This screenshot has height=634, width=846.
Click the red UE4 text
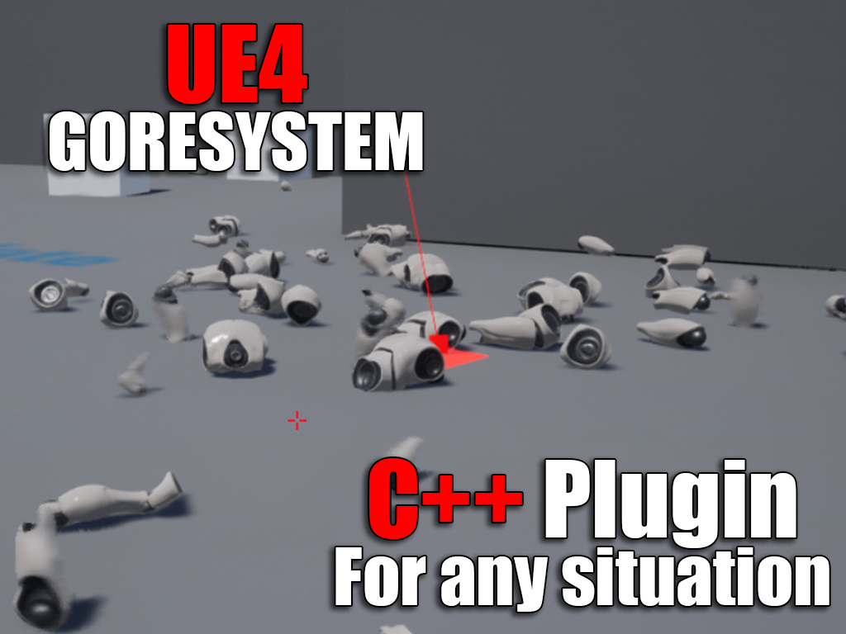(x=237, y=64)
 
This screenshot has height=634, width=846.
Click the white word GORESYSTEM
(x=235, y=142)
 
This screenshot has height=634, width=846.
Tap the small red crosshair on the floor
(x=297, y=420)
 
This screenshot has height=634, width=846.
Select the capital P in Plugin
(x=568, y=499)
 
